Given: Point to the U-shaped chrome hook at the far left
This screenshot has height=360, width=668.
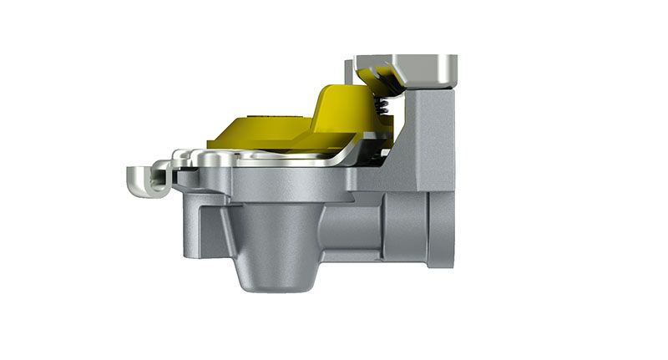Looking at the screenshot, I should coord(143,178).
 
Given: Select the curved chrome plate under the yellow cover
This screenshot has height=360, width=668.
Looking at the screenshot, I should coord(276,158).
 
